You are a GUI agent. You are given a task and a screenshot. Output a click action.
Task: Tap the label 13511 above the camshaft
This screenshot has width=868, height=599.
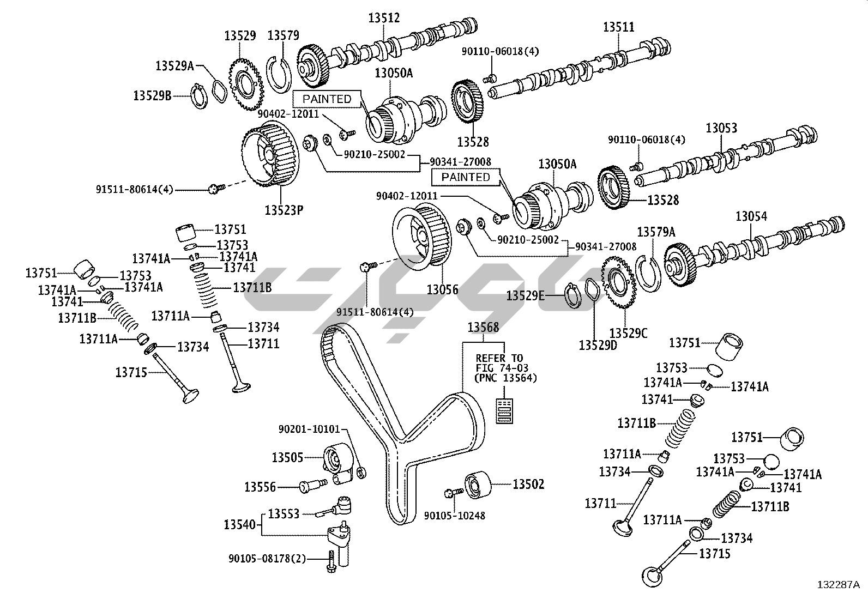pos(619,27)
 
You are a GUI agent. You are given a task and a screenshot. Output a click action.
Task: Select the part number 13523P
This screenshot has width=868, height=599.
pos(284,210)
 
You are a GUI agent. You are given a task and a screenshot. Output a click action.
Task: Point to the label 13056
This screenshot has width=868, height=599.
pos(442,290)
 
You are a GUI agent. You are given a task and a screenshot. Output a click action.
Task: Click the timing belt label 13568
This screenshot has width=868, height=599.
pos(483,328)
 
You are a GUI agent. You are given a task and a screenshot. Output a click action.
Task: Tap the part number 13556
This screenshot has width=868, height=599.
pos(260,487)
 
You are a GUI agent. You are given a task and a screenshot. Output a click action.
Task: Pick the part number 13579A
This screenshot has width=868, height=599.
pos(656,232)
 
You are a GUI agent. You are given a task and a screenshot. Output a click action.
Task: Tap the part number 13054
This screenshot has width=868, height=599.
pos(751,216)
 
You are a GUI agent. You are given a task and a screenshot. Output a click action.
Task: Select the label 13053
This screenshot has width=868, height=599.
pos(721,128)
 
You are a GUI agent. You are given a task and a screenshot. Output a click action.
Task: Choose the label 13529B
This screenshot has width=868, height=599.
pos(152,95)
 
